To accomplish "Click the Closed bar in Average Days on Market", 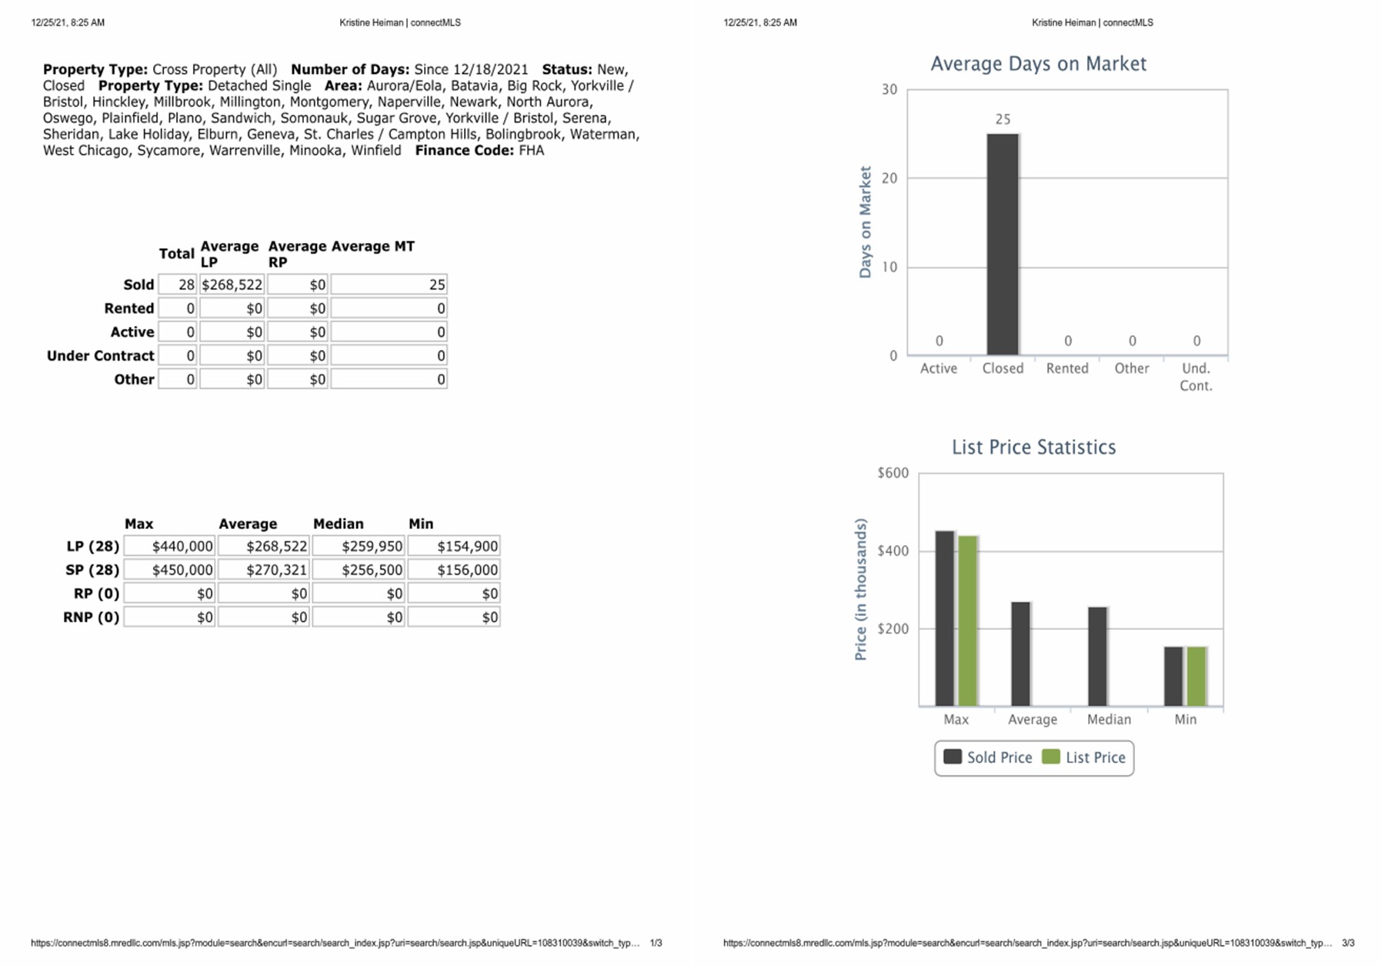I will pos(1003,245).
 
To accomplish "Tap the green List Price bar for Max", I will pos(967,621).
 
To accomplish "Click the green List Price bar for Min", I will pos(1196,676).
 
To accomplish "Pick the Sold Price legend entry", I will pos(988,758).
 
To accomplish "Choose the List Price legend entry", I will pos(1085,758).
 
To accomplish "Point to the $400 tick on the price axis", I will pos(893,551).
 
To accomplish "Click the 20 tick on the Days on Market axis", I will pos(889,178).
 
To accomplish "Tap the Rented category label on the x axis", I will pos(1067,368).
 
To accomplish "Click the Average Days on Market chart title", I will pos(1038,64).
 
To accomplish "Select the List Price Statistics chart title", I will pos(1033,448).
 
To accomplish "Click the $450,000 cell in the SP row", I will pos(170,570).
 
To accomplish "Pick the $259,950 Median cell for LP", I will pos(359,546).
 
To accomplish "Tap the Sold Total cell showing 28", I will pos(178,285).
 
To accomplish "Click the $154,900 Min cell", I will pos(454,546).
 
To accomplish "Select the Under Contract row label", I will pos(101,355).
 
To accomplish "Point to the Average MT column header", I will pos(372,246).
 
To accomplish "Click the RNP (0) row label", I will pos(92,617).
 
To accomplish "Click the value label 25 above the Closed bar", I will pos(1003,119).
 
